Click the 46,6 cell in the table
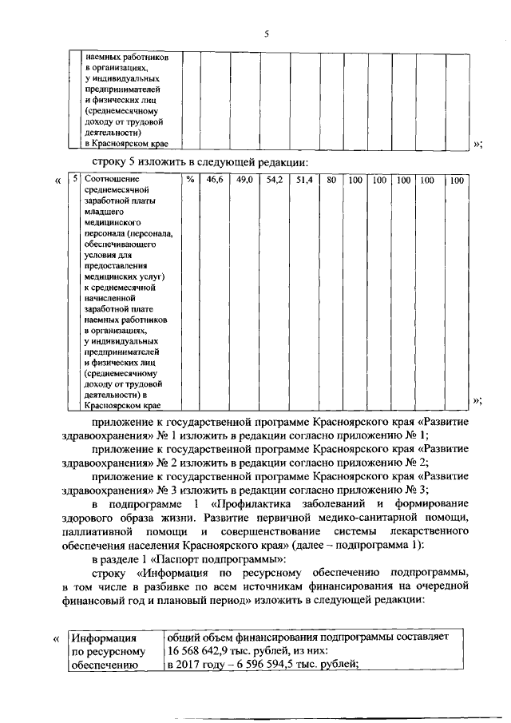[x=215, y=181]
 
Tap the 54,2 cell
[x=275, y=181]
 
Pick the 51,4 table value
[x=304, y=181]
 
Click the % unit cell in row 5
[x=190, y=181]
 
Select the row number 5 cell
[x=73, y=181]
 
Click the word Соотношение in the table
[x=107, y=181]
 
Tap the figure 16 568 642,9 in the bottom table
[x=199, y=650]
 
